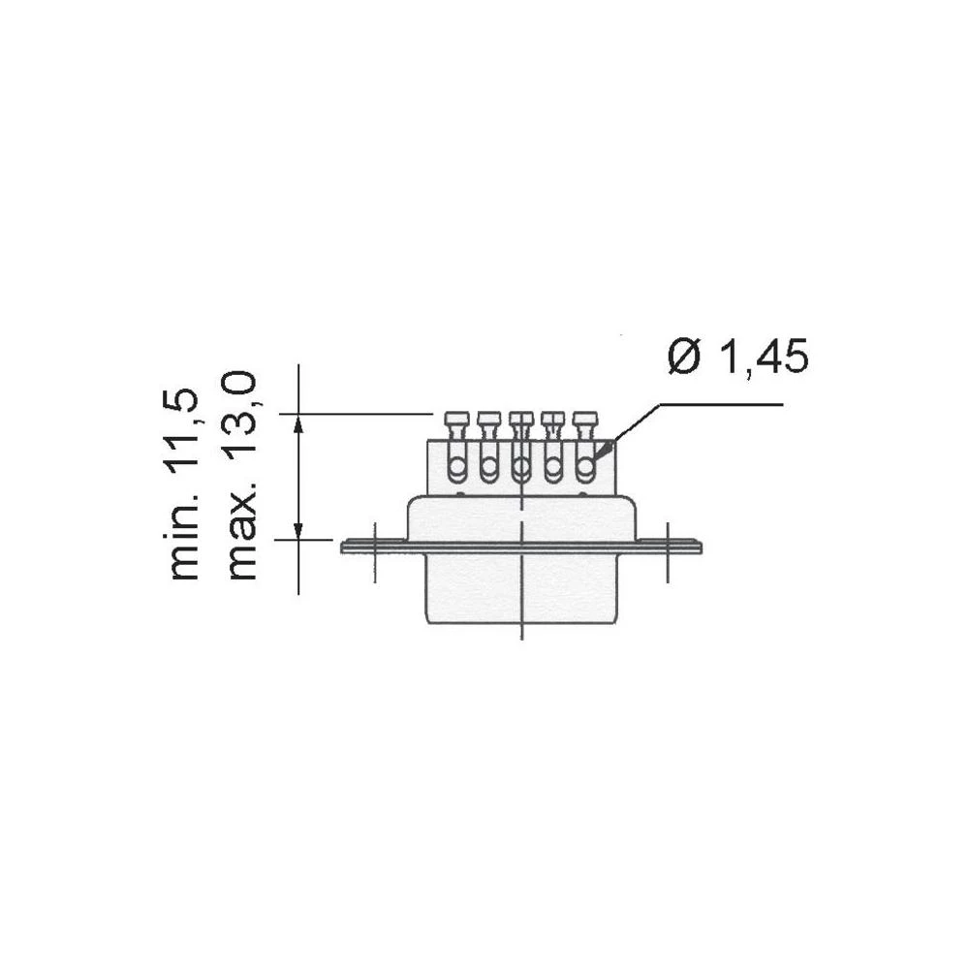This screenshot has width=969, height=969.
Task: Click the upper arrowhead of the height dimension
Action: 298,423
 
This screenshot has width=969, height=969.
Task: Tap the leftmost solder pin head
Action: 455,420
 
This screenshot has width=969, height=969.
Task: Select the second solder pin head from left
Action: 487,420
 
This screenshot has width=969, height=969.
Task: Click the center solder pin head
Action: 520,420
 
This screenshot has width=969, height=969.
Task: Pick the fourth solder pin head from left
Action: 552,420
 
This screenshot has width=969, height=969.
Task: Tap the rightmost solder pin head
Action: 584,420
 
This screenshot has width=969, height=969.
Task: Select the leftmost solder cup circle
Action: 456,469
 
